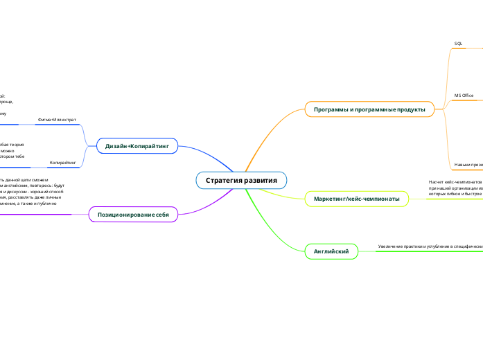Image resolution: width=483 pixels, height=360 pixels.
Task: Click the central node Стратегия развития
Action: point(241,181)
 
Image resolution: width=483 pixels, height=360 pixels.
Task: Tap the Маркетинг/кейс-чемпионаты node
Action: point(356,199)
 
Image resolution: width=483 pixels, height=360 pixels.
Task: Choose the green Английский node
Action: point(331,251)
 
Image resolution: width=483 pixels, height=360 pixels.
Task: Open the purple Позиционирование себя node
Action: point(134,215)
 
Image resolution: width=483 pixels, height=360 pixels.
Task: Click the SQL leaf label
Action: point(458,44)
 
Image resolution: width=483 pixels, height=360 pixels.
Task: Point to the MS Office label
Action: point(464,95)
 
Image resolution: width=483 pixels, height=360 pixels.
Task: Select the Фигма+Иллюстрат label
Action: point(57,120)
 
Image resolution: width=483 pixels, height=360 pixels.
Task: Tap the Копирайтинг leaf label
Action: point(62,162)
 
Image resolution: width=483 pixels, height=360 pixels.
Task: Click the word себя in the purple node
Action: point(161,215)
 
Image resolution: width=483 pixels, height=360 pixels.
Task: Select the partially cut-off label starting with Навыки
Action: point(468,165)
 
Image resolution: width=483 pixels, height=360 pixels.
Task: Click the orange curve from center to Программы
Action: point(263,138)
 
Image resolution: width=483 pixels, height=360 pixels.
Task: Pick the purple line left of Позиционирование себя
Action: point(42,215)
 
